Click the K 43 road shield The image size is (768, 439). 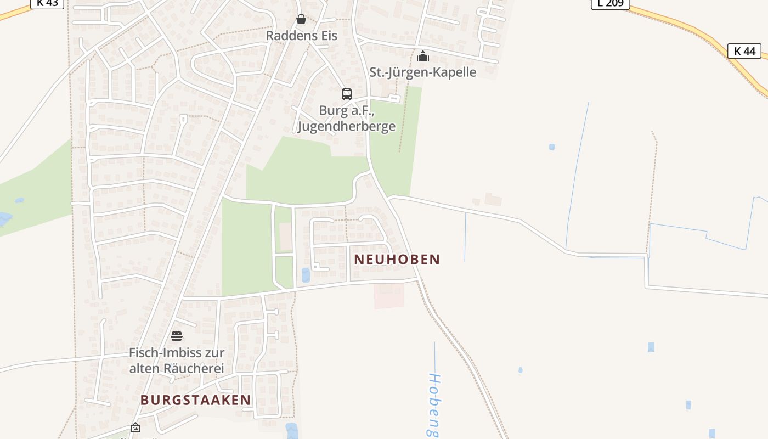pyautogui.click(x=47, y=3)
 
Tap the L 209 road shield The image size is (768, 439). pyautogui.click(x=610, y=3)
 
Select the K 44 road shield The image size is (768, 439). pyautogui.click(x=744, y=51)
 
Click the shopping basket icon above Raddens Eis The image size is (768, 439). pyautogui.click(x=301, y=19)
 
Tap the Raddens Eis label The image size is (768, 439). pyautogui.click(x=301, y=35)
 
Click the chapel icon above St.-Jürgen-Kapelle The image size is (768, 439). pyautogui.click(x=422, y=56)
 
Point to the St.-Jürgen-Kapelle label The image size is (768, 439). pyautogui.click(x=422, y=72)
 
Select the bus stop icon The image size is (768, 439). pyautogui.click(x=346, y=94)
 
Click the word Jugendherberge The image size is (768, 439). pyautogui.click(x=346, y=126)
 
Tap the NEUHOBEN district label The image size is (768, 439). pyautogui.click(x=397, y=259)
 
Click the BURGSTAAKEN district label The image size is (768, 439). pyautogui.click(x=195, y=400)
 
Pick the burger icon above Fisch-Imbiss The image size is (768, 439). pyautogui.click(x=176, y=336)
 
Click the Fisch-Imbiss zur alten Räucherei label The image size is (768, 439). pyautogui.click(x=176, y=360)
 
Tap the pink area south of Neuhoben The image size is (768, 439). pyautogui.click(x=389, y=295)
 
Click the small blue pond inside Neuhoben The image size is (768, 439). pyautogui.click(x=306, y=275)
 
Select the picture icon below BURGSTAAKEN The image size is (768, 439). pyautogui.click(x=135, y=427)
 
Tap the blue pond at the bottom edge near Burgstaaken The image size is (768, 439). pyautogui.click(x=291, y=431)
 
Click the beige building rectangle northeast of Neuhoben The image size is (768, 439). pyautogui.click(x=493, y=199)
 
